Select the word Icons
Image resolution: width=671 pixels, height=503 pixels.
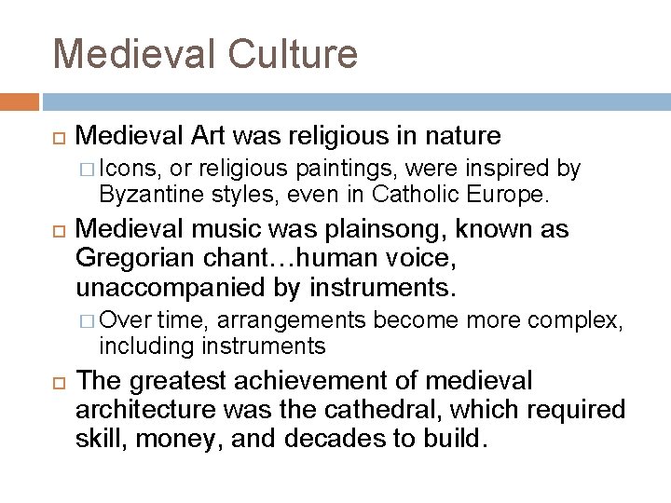pos(130,169)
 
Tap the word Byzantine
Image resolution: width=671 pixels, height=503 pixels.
pos(144,194)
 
